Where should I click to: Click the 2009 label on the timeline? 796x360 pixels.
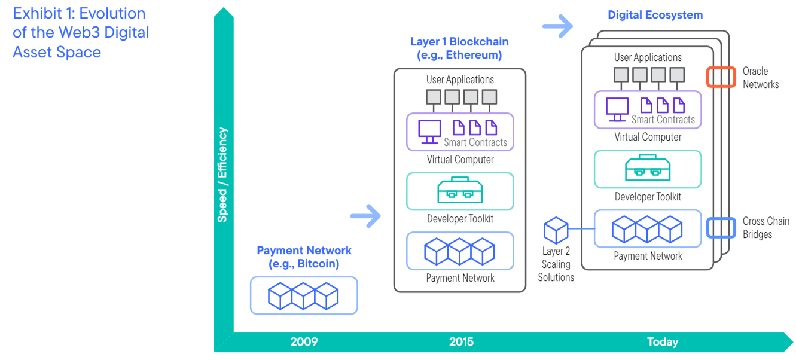click(x=304, y=342)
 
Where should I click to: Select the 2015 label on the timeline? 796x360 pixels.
click(x=461, y=342)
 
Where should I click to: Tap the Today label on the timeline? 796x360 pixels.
click(x=662, y=342)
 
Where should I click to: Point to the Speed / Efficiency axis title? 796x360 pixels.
click(x=222, y=174)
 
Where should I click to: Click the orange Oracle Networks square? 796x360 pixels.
click(x=721, y=77)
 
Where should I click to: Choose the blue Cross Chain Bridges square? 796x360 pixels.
click(x=721, y=228)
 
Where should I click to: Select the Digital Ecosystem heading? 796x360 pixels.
click(x=655, y=15)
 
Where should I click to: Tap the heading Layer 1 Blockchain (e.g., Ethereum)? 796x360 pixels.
click(x=459, y=48)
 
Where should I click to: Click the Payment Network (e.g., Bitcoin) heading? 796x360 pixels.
click(x=304, y=257)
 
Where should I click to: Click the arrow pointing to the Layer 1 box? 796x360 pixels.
click(x=365, y=216)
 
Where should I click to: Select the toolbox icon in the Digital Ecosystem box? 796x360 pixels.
click(x=648, y=169)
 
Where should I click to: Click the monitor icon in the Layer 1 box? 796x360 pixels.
click(x=430, y=131)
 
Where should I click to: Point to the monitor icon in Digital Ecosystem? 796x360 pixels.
click(x=618, y=108)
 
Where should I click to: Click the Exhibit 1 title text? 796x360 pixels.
click(x=81, y=33)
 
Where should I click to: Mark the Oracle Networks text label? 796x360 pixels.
click(x=760, y=78)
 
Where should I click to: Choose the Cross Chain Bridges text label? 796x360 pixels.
click(x=765, y=228)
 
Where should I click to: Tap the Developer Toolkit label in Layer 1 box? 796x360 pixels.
click(x=460, y=219)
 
